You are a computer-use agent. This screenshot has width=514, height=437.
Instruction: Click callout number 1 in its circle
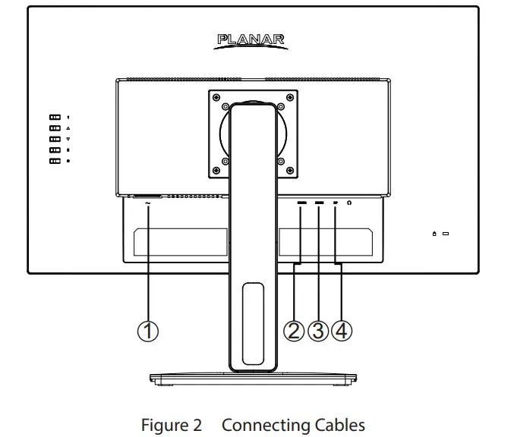tap(148, 331)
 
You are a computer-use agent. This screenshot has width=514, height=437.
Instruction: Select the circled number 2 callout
tap(295, 331)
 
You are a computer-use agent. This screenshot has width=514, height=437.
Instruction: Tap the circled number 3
tap(318, 331)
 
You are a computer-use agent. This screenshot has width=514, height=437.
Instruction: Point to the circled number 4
tap(342, 331)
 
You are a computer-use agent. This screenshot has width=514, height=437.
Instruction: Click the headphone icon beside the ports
tap(350, 203)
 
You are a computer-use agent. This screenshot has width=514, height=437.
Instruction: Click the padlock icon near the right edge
tap(434, 233)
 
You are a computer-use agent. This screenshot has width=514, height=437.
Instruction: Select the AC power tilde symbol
tap(147, 203)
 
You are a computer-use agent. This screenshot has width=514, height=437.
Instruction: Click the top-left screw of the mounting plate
tap(217, 97)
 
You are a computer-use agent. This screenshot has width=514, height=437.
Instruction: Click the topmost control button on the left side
tap(55, 118)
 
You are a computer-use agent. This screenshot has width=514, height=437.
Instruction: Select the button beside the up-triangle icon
tap(55, 129)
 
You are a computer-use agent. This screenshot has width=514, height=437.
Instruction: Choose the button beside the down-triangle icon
tap(55, 140)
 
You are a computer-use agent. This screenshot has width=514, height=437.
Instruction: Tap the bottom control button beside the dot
tap(55, 161)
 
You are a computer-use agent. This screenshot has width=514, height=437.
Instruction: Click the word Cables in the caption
tap(336, 425)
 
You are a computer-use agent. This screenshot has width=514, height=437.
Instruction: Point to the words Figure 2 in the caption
tap(172, 425)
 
